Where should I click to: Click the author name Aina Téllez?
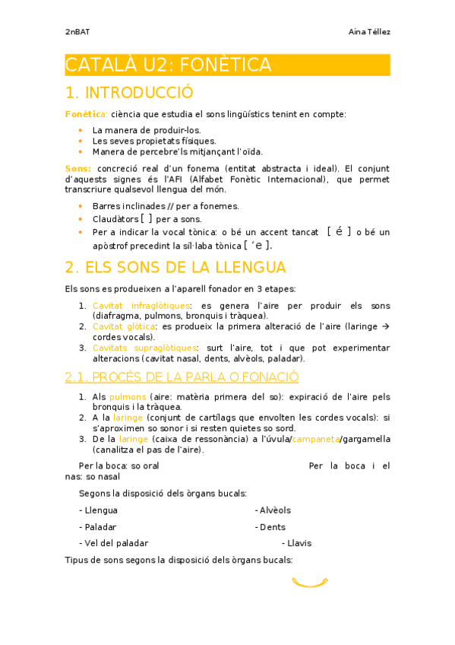tap(369, 32)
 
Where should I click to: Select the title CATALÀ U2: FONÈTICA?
tap(168, 65)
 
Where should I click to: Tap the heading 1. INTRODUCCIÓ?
tap(129, 93)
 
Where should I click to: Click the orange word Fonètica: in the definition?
tap(86, 114)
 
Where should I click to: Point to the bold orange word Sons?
tap(78, 168)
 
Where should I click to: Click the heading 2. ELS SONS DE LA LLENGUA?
tap(175, 268)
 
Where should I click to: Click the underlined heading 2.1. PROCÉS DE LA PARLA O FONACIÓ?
tap(182, 377)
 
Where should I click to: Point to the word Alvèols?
tap(275, 510)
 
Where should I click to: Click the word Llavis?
tap(299, 543)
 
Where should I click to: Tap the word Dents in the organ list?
tap(272, 526)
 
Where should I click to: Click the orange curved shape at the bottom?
tap(310, 583)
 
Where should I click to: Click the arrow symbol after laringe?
tap(385, 326)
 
